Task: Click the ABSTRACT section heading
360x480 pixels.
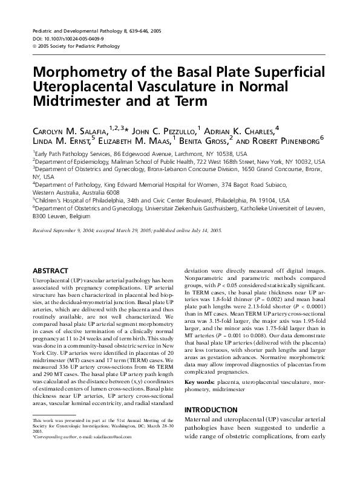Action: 50,271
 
